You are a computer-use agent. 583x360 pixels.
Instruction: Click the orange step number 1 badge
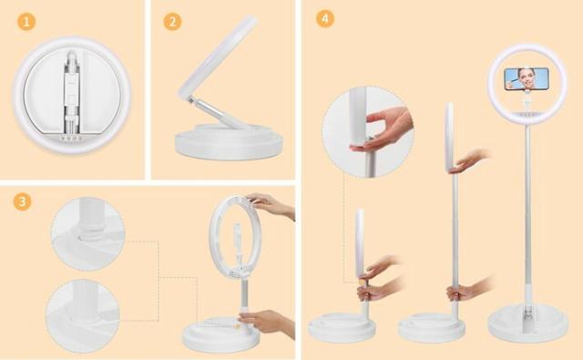(26, 21)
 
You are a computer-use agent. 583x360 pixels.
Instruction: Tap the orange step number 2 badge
(172, 22)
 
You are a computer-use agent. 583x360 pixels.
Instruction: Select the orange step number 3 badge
(22, 201)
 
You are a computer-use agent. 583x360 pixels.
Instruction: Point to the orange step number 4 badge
(325, 18)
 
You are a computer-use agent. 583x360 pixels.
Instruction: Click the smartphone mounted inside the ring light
(527, 78)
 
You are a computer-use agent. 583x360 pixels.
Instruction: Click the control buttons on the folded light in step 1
(71, 139)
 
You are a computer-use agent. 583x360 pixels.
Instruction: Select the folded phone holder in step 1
(72, 93)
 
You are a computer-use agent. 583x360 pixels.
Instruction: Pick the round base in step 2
(229, 142)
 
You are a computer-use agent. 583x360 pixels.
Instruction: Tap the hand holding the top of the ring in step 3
(271, 204)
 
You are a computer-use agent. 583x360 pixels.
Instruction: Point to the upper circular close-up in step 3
(87, 234)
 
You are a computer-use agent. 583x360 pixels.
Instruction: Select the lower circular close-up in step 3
(83, 316)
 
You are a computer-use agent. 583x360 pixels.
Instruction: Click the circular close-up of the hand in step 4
(368, 132)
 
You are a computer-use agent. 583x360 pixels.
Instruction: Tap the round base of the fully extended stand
(528, 323)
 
